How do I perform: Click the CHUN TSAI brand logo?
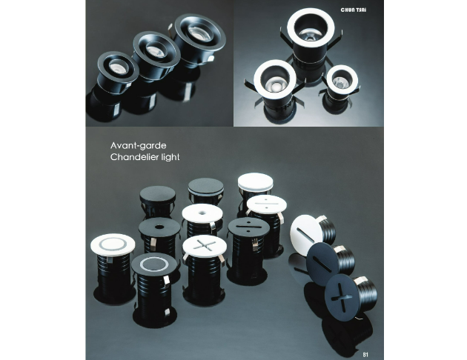(x=354, y=10)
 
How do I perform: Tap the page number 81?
(x=365, y=355)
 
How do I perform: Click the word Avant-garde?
(x=138, y=145)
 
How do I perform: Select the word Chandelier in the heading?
(x=132, y=157)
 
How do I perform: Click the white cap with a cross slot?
(x=205, y=246)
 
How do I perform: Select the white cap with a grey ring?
(x=113, y=244)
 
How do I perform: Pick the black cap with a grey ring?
(x=154, y=264)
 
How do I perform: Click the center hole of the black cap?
(x=159, y=227)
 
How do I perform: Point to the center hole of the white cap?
(x=202, y=213)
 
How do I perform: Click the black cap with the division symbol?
(x=248, y=227)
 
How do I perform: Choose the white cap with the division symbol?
(x=267, y=204)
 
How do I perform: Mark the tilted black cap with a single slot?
(x=322, y=264)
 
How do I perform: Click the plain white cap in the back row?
(x=256, y=181)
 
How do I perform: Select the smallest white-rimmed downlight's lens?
(x=341, y=81)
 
